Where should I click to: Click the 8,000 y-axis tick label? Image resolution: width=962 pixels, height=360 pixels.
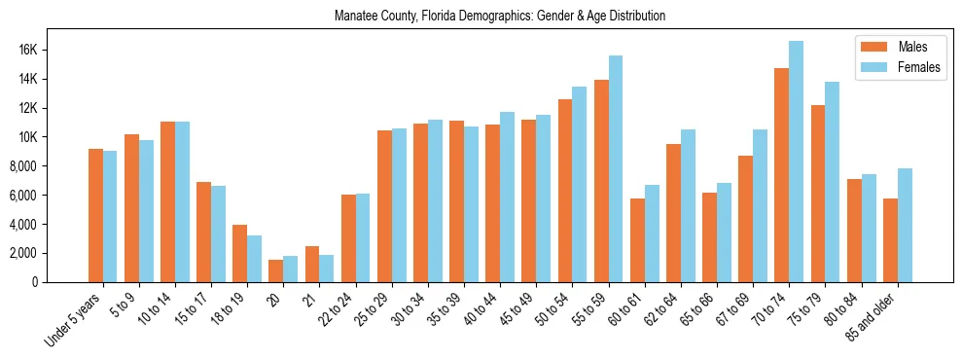pos(47,166)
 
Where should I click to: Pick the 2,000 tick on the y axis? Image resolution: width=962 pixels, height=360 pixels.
pos(47,253)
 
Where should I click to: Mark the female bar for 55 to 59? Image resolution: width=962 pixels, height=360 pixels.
pos(616,168)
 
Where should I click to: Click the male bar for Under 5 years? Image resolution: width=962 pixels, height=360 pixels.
pos(95,215)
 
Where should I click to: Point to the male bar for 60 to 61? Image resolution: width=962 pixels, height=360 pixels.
pos(637,240)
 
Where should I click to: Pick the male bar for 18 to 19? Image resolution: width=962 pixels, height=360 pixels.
pos(239,253)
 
